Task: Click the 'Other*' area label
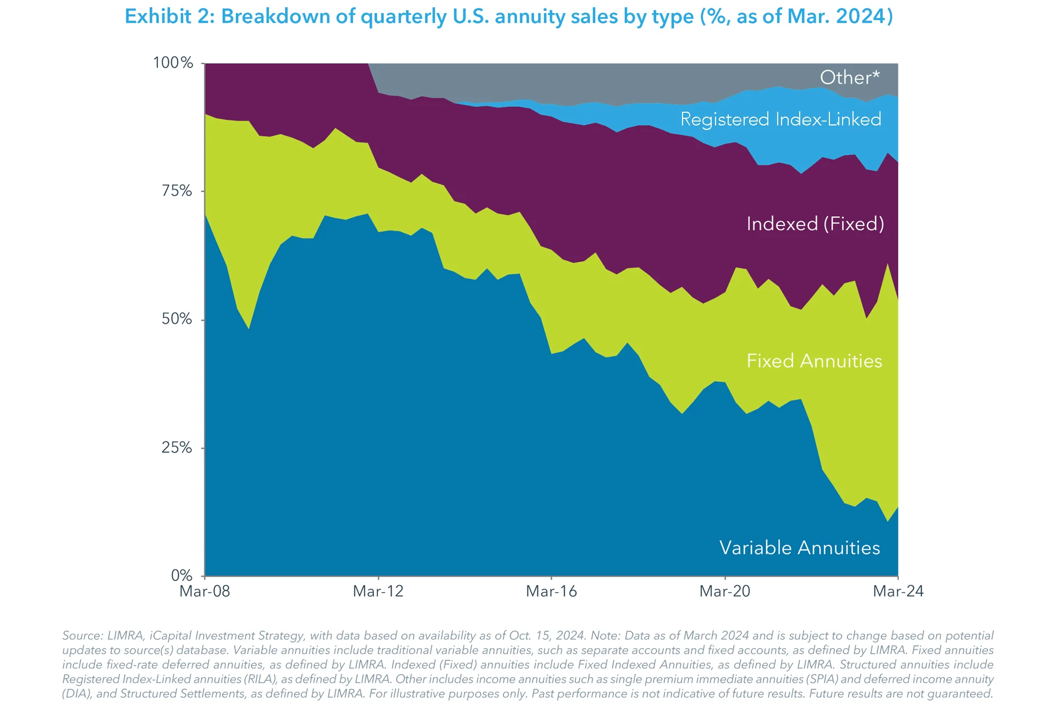tap(849, 78)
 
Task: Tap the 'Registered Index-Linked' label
tap(780, 119)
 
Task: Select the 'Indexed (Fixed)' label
tap(815, 224)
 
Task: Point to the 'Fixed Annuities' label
tap(814, 361)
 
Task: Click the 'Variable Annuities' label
tap(799, 548)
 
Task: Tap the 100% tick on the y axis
tap(173, 63)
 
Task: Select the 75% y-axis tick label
tap(177, 191)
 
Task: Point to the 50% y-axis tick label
tap(177, 319)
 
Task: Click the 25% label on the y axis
tap(177, 447)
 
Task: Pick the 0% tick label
tap(182, 576)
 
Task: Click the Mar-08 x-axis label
tap(205, 592)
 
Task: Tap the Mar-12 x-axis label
tap(378, 592)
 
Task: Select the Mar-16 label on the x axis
tap(551, 592)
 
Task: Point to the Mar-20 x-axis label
tap(724, 592)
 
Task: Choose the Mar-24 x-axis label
tap(898, 592)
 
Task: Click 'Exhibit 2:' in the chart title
tap(169, 17)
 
